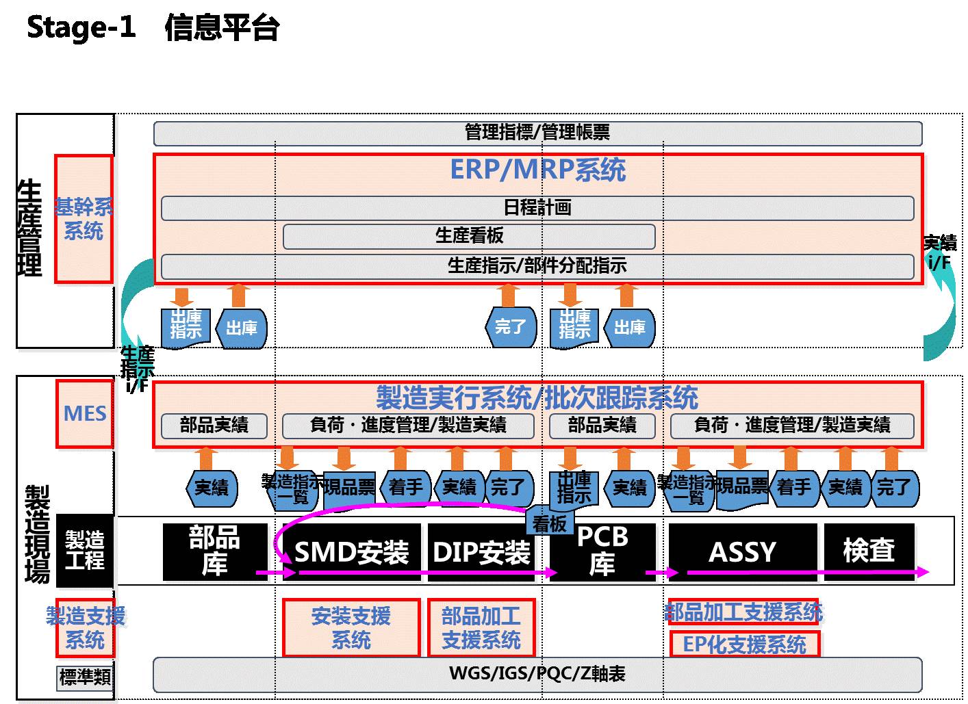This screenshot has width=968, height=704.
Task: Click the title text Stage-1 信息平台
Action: pyautogui.click(x=153, y=28)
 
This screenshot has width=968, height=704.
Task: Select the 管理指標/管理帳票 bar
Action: pyautogui.click(x=537, y=133)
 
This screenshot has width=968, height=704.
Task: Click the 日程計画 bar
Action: pyautogui.click(x=537, y=208)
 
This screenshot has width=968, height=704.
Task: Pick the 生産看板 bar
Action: pyautogui.click(x=469, y=236)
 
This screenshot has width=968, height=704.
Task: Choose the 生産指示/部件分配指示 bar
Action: pyautogui.click(x=537, y=266)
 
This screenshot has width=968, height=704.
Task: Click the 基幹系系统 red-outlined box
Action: pyautogui.click(x=84, y=219)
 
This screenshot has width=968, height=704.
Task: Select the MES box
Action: pyautogui.click(x=85, y=414)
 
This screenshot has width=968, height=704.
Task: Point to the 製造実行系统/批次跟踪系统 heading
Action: pyautogui.click(x=537, y=397)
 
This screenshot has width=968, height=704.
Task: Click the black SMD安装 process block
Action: pyautogui.click(x=351, y=551)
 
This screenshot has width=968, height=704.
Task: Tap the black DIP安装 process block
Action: pyautogui.click(x=481, y=551)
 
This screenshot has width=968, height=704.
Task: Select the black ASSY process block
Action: pyautogui.click(x=743, y=551)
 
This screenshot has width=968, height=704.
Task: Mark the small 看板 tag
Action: pyautogui.click(x=549, y=524)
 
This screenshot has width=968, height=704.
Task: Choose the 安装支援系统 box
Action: pyautogui.click(x=351, y=628)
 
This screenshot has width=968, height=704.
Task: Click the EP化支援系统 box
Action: pyautogui.click(x=744, y=644)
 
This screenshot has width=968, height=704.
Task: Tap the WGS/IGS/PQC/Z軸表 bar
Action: pyautogui.click(x=537, y=674)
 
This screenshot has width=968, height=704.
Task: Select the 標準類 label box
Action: pyautogui.click(x=85, y=677)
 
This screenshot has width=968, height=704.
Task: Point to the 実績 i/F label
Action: pyautogui.click(x=939, y=252)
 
